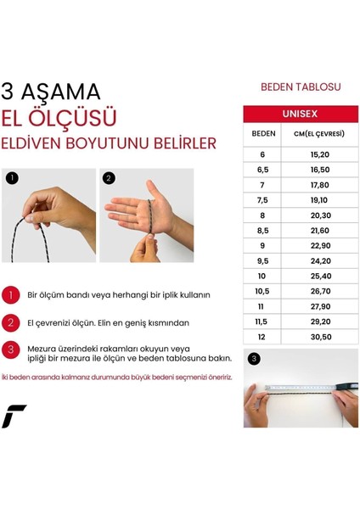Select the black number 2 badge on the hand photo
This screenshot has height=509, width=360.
[109, 178]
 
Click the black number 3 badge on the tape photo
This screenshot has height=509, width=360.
[253, 359]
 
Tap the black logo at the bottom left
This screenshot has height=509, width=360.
[14, 416]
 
